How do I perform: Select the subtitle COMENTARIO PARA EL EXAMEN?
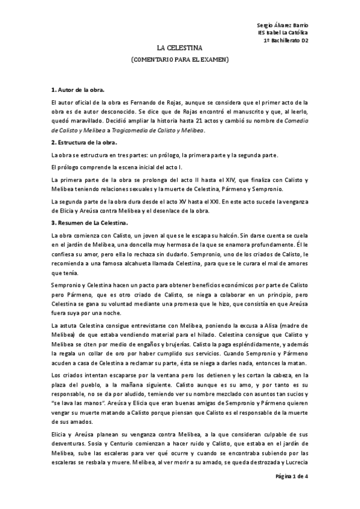pos(179,60)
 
